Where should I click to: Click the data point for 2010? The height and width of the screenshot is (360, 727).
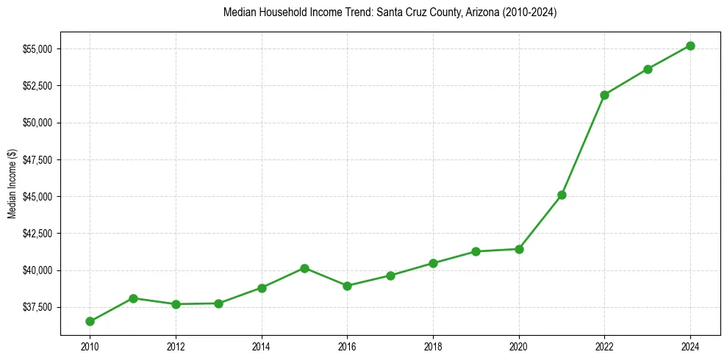click(x=90, y=321)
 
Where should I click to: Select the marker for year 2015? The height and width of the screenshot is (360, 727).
click(x=304, y=268)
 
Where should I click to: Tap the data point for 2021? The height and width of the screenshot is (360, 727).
click(x=562, y=195)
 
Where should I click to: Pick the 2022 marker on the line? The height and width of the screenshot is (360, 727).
click(x=604, y=95)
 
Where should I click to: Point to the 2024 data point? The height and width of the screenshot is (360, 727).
click(x=690, y=46)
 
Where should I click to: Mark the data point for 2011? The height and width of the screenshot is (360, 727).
click(x=133, y=298)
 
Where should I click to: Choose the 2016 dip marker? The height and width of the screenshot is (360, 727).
click(x=347, y=286)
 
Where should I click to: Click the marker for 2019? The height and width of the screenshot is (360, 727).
click(x=476, y=251)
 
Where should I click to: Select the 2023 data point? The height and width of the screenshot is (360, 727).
click(x=648, y=69)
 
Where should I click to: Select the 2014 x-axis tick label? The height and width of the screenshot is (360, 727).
click(x=262, y=345)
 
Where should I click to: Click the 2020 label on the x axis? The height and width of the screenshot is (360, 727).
click(x=519, y=345)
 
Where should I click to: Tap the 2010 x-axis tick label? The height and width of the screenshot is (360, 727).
click(x=90, y=345)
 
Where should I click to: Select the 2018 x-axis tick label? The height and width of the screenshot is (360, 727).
click(x=433, y=345)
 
